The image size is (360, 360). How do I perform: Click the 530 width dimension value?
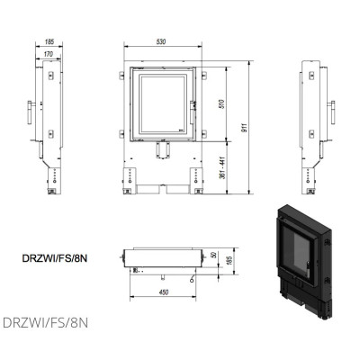coord(161,41)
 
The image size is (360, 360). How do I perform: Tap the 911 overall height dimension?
coord(245,128)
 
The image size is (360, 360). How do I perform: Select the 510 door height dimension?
coord(221,103)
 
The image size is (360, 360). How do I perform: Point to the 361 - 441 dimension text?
coord(222,167)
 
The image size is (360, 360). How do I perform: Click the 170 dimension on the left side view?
coord(48,54)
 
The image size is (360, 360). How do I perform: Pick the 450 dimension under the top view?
coord(164,292)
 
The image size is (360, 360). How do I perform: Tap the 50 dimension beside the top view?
coord(213,255)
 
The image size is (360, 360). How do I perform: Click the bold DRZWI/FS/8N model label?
coord(55,258)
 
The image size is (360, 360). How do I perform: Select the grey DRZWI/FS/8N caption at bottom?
coord(45,323)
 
